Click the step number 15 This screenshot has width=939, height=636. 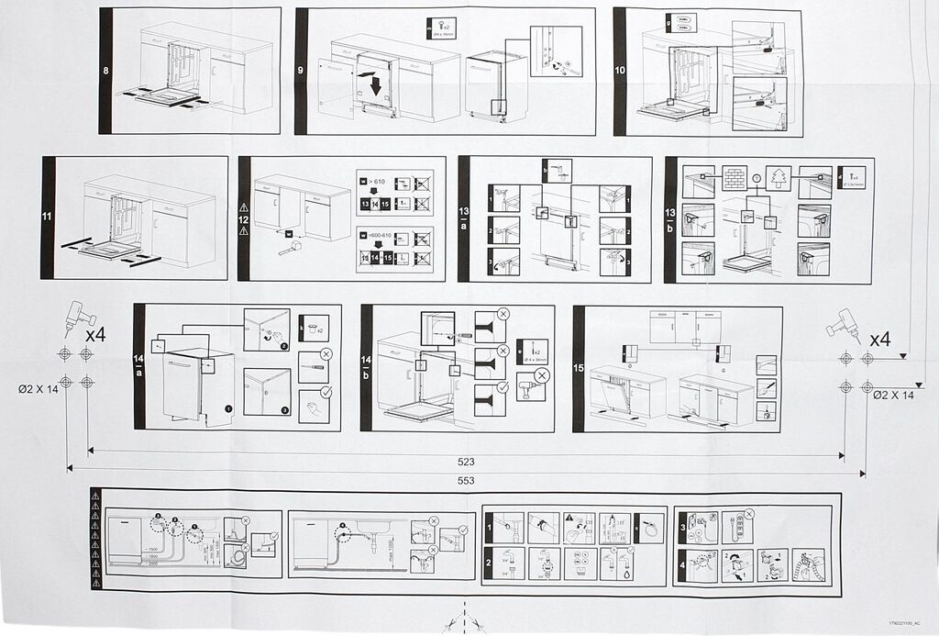point(579,368)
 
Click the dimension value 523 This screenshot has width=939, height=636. point(466,462)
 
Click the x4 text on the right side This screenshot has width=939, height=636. point(879,339)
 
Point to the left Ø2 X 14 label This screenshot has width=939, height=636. point(38,390)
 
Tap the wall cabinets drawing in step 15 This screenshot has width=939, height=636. point(684,326)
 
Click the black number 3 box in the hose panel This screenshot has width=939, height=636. point(683,529)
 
